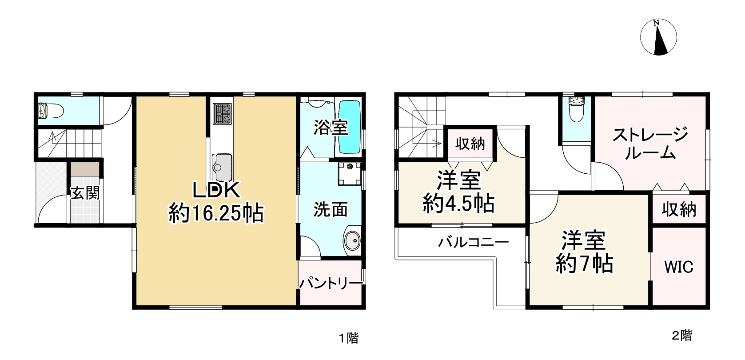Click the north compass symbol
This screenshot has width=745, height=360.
(x=658, y=38)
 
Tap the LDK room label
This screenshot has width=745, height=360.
(x=216, y=191)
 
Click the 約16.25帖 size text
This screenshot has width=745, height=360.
(x=216, y=214)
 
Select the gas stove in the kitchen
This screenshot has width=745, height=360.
(x=222, y=113)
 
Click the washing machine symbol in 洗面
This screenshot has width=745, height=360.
(x=349, y=173)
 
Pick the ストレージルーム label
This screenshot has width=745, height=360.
(x=650, y=143)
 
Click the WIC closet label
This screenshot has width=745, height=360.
(x=679, y=267)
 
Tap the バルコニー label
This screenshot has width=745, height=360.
(x=474, y=243)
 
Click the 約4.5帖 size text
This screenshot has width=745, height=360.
(x=459, y=204)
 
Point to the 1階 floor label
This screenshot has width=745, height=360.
(x=349, y=338)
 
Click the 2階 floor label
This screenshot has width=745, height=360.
(x=681, y=336)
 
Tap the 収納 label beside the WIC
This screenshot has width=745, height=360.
(x=679, y=209)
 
